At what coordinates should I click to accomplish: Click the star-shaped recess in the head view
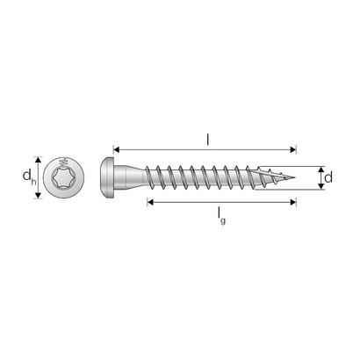coord(65,180)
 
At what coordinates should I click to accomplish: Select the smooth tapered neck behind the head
coord(140,178)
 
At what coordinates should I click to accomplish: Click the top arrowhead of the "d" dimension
coord(318,168)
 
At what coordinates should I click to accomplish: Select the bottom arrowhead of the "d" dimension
coord(318,189)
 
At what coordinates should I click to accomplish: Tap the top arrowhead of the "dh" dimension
coord(39,159)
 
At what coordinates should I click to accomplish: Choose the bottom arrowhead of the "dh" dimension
coord(39,199)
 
